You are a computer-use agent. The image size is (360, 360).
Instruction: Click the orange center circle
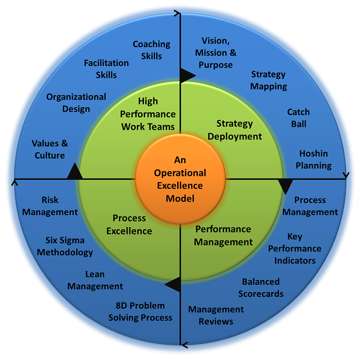click(x=180, y=179)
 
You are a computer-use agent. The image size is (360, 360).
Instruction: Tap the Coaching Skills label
click(x=151, y=50)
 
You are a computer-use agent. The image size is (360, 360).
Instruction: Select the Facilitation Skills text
click(x=106, y=69)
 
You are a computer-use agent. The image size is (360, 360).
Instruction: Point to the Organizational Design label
click(x=76, y=102)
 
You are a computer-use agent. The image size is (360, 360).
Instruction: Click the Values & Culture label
click(x=50, y=149)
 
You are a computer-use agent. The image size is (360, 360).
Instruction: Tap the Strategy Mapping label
click(x=269, y=80)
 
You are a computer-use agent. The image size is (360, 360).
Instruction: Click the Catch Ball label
click(x=299, y=117)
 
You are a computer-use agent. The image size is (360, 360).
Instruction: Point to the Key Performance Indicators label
click(x=295, y=248)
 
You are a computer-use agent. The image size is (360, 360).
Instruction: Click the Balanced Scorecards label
click(x=261, y=287)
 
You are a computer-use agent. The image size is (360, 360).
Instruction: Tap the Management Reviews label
click(x=216, y=315)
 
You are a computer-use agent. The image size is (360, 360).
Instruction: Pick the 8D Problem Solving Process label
click(x=140, y=311)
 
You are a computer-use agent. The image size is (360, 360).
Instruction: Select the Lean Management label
click(x=95, y=280)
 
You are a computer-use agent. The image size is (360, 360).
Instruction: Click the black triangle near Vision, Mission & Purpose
click(x=187, y=75)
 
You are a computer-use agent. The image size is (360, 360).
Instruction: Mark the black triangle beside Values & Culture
click(x=75, y=172)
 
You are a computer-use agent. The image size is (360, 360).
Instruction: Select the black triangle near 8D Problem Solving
click(x=174, y=284)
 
